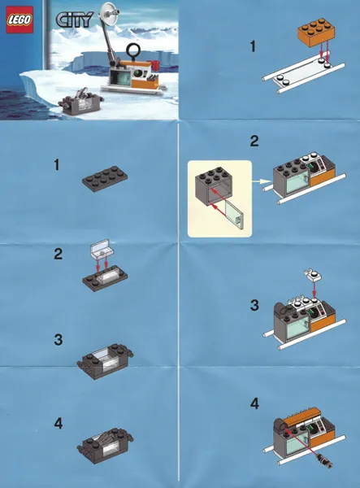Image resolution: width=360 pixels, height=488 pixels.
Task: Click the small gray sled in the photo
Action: (83, 102)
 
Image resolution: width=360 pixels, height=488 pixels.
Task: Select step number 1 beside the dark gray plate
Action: (57, 165)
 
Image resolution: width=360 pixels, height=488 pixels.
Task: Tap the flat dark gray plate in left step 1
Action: (108, 179)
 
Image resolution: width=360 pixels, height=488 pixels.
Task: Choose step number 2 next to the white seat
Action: (58, 254)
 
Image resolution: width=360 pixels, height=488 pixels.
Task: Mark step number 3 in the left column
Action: (58, 338)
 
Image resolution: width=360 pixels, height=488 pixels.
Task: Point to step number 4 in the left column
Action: (58, 423)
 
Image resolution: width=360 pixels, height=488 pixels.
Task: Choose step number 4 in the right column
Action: (254, 403)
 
